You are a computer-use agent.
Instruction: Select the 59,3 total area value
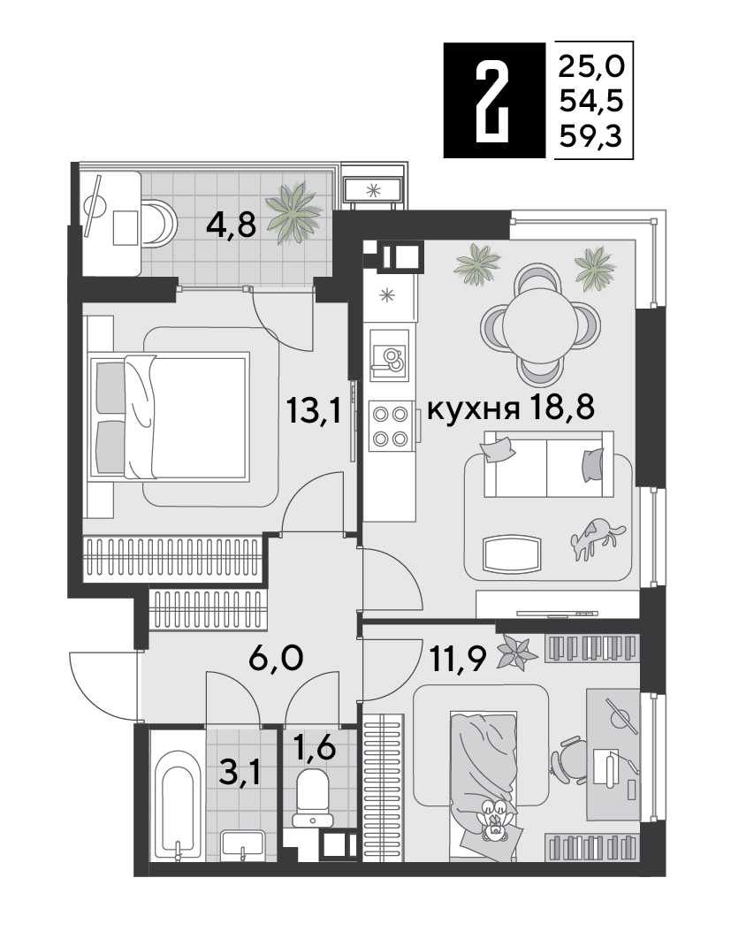591,137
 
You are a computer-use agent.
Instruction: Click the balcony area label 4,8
231,225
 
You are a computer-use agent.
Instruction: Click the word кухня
473,411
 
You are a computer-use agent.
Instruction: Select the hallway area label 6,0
276,658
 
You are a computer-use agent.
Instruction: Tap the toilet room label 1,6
314,749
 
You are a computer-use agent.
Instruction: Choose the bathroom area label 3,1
240,773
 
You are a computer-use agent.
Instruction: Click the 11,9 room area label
458,658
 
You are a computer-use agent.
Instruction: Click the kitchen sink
389,362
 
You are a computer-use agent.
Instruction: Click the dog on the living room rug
597,538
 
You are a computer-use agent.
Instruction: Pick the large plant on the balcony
293,211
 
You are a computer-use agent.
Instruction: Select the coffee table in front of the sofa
512,553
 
